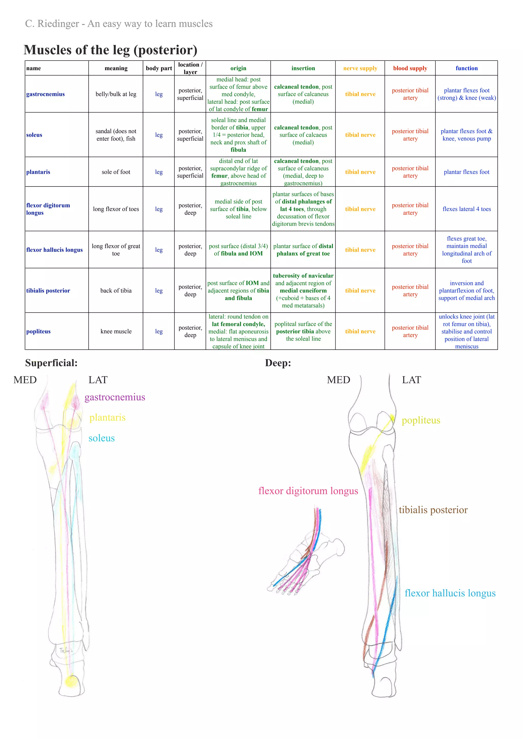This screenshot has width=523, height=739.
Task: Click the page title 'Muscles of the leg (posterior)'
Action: tap(111, 50)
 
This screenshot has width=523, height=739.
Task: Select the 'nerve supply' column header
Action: tap(360, 68)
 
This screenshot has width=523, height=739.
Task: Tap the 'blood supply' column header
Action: tap(410, 68)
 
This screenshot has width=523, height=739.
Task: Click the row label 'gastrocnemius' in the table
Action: tap(45, 94)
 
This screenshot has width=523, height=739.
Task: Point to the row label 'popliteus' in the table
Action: tap(38, 331)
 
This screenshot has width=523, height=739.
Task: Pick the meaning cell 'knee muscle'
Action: tap(116, 331)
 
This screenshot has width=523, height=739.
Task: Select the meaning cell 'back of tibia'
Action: tap(116, 290)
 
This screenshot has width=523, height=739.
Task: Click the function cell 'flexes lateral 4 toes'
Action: tap(466, 209)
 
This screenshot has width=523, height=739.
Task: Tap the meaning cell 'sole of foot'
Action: tap(116, 172)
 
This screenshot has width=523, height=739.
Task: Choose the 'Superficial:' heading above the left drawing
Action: tap(51, 363)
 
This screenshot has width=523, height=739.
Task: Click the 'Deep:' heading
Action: tap(278, 363)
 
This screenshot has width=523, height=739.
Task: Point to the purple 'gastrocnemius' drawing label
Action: tap(115, 397)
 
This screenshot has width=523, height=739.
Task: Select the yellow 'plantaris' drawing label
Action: tap(107, 417)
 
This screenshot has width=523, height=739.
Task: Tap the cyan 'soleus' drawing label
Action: tap(101, 438)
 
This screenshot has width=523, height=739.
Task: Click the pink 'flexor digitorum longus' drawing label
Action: tap(308, 491)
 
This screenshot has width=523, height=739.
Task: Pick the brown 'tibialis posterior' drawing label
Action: tap(433, 510)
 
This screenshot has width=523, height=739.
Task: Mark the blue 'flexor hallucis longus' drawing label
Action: tap(449, 593)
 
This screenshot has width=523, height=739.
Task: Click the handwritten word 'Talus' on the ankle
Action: tap(66, 650)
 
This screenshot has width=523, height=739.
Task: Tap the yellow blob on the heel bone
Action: tap(70, 681)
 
